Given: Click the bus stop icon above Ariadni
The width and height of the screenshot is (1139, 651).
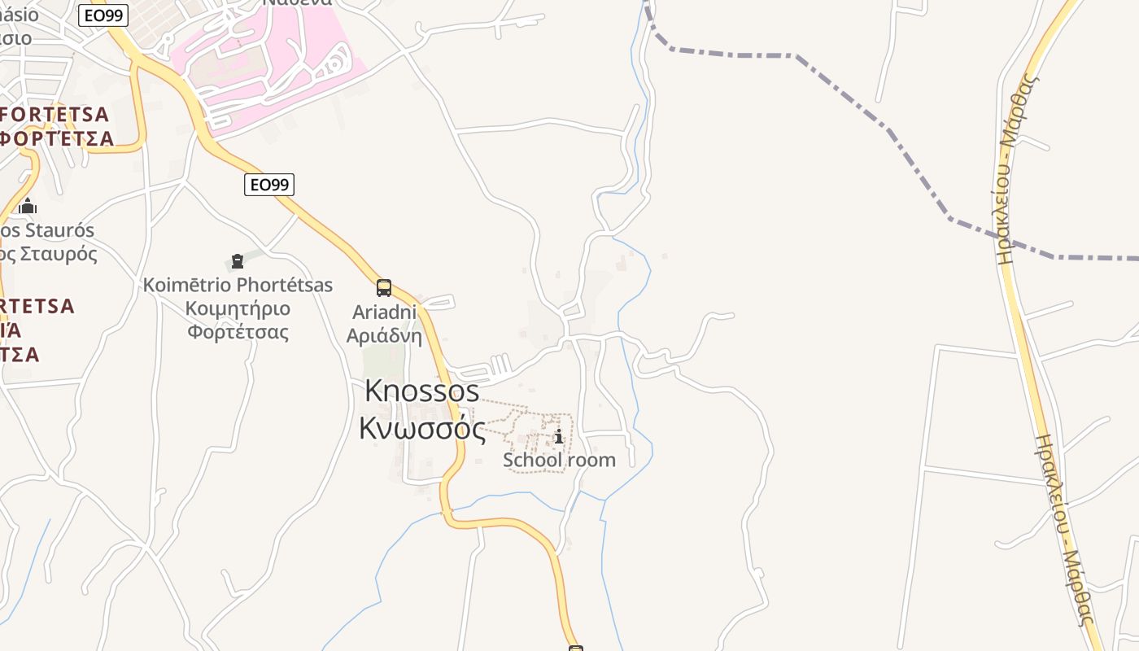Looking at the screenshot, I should click(x=384, y=287).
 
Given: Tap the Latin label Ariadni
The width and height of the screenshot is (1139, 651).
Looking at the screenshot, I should click(x=384, y=312).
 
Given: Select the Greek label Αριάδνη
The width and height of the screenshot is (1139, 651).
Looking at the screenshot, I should click(x=384, y=335).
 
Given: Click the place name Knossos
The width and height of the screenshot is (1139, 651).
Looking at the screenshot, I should click(x=421, y=391).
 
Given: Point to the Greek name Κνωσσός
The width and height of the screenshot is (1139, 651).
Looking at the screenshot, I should click(x=422, y=428).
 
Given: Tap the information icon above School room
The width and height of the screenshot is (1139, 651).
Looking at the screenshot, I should click(x=559, y=437).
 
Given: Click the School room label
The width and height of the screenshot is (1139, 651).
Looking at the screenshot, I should click(x=559, y=460).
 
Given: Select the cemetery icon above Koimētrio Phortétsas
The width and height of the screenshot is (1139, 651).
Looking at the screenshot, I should click(x=238, y=261).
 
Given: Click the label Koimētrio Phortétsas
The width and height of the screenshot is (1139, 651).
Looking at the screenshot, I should click(x=238, y=285).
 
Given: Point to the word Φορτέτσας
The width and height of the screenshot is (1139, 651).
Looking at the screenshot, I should click(x=238, y=332).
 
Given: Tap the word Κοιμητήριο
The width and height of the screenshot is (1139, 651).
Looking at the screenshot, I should click(x=238, y=308).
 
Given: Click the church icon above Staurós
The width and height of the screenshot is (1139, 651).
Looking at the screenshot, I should click(x=28, y=206).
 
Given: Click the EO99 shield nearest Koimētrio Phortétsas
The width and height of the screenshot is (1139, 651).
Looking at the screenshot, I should click(x=269, y=185).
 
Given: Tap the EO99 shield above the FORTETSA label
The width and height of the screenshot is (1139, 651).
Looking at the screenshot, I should click(x=103, y=15).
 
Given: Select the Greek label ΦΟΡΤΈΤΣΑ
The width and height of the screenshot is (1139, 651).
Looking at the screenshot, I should click(x=57, y=138).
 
